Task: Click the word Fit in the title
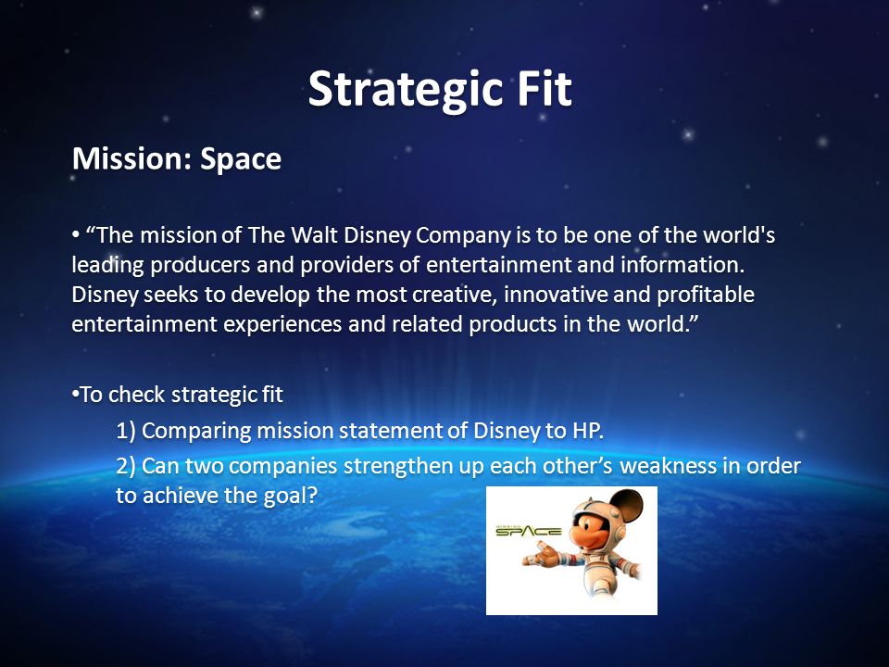[545, 88]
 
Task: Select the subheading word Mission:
[132, 158]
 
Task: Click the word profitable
[706, 295]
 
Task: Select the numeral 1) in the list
[126, 431]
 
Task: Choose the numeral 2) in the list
[126, 466]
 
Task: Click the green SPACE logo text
[529, 532]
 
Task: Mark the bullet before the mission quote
[75, 235]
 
